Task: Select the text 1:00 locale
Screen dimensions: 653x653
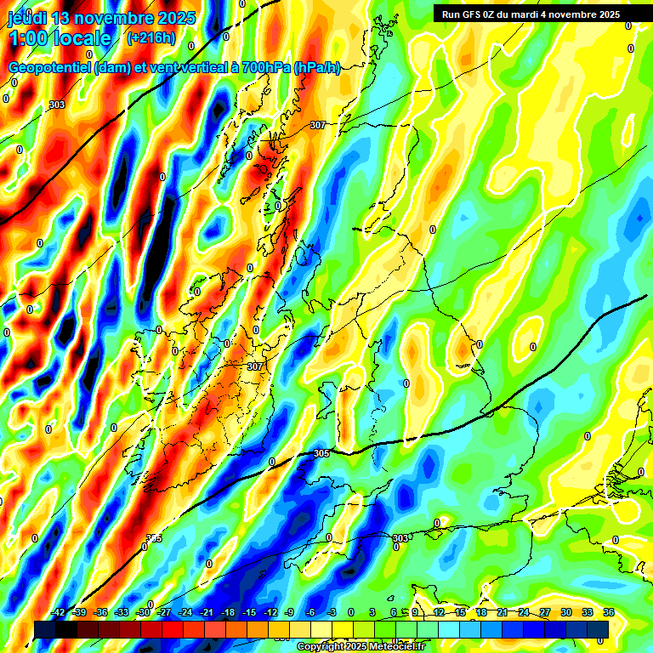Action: click(x=60, y=38)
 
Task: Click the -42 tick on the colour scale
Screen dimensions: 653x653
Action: click(x=58, y=612)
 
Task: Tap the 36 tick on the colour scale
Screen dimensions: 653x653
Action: click(x=608, y=612)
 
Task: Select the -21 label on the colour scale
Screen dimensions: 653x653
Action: click(x=207, y=612)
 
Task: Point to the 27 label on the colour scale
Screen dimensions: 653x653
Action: click(x=545, y=612)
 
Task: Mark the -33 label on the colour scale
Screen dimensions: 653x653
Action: click(x=122, y=612)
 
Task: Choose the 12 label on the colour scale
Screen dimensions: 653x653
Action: click(x=439, y=612)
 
